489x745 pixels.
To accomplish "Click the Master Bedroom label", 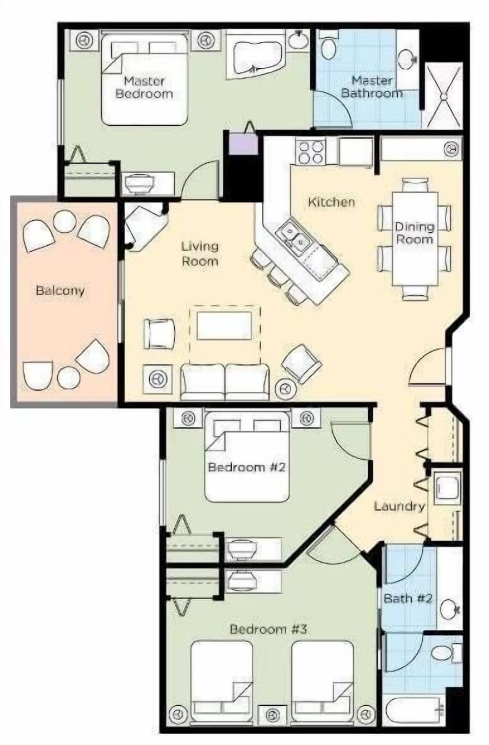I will (144, 87).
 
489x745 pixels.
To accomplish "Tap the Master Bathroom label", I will (371, 87).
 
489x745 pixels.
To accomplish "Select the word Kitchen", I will (331, 202).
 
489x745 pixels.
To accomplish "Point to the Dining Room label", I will (415, 233).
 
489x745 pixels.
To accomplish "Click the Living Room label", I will (200, 254).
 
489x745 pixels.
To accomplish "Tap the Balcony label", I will (60, 291).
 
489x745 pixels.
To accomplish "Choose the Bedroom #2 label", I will (246, 467).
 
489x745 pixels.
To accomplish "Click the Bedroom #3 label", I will (268, 629).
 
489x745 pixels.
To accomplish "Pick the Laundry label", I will (399, 506).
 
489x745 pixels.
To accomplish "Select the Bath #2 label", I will (407, 598).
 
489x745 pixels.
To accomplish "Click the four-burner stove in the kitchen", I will (311, 152).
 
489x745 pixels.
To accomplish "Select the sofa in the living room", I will (225, 382).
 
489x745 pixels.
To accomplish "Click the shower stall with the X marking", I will (443, 95).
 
